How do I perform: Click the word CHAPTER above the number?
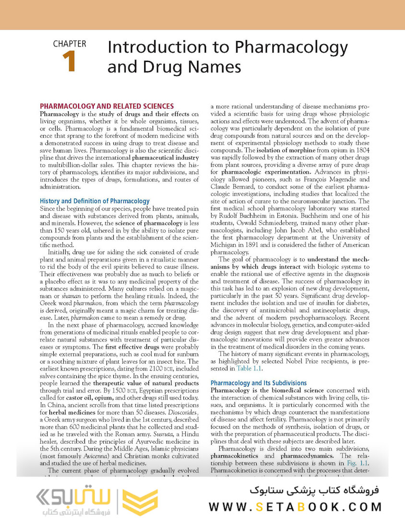(x=70, y=44)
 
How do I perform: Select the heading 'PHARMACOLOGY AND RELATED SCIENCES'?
(x=107, y=106)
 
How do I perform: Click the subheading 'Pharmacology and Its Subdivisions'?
(x=259, y=383)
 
